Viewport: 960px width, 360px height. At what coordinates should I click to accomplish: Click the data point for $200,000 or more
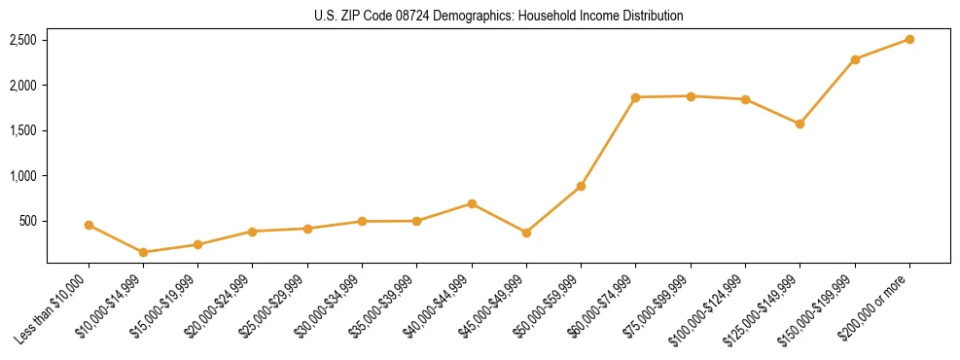[x=909, y=39]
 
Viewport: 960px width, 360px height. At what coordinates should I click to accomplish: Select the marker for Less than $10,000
[x=89, y=225]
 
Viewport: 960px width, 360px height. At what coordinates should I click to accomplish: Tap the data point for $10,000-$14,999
[x=143, y=252]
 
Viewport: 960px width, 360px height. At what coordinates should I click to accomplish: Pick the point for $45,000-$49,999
[x=526, y=233]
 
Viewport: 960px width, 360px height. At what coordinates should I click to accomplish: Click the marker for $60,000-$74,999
[x=635, y=97]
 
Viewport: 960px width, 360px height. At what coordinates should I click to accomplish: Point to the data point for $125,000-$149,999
[x=800, y=124]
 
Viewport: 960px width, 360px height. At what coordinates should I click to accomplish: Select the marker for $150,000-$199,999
[x=855, y=59]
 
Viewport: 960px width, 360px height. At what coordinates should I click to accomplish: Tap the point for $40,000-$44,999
[x=472, y=203]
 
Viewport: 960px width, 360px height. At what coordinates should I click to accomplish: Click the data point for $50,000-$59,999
[x=581, y=186]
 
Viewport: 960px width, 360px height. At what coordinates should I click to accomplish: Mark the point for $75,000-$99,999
[x=691, y=96]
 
